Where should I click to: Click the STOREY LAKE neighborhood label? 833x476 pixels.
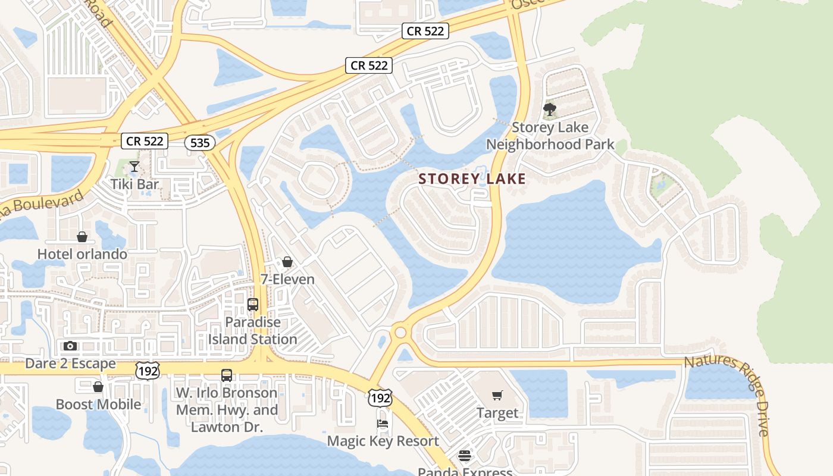[472, 178]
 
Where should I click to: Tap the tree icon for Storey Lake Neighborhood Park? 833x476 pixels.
[550, 109]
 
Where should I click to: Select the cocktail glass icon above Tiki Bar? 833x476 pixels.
[134, 167]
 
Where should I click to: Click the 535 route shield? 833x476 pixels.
[199, 143]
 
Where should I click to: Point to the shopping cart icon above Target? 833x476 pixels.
[497, 395]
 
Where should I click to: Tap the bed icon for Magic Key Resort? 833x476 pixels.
[383, 424]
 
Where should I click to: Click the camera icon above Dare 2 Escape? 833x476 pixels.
[70, 346]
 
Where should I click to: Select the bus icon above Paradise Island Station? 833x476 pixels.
[253, 305]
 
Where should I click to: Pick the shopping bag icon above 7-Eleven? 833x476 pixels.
[287, 262]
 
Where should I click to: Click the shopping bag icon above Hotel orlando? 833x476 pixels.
[82, 237]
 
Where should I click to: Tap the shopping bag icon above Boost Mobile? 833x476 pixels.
[98, 387]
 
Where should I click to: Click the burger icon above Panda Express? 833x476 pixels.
[465, 456]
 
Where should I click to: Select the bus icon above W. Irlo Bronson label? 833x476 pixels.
[227, 375]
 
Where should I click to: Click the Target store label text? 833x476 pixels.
[497, 412]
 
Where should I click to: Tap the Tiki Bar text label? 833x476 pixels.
[135, 184]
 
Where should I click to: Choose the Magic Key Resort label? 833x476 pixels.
[383, 441]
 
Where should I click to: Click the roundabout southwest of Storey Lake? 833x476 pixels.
[400, 332]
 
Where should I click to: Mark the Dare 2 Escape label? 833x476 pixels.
[70, 363]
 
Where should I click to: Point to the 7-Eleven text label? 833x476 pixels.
[287, 279]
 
